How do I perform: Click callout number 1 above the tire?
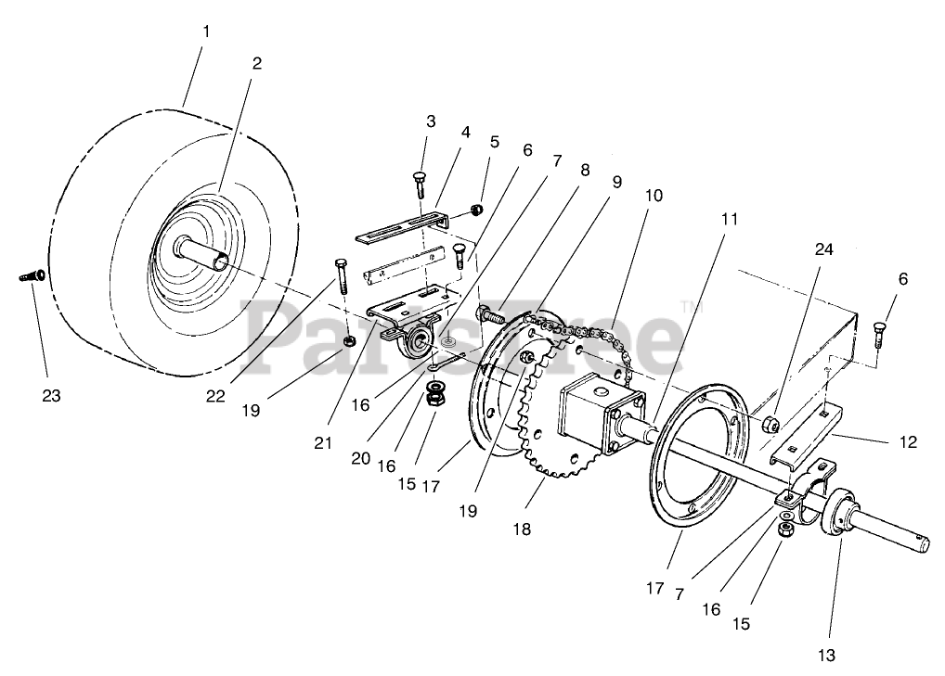206,32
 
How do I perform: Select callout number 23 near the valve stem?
51,395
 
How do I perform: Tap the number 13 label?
826,656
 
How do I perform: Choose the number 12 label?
908,442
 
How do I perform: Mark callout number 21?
322,443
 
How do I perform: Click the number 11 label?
730,219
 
